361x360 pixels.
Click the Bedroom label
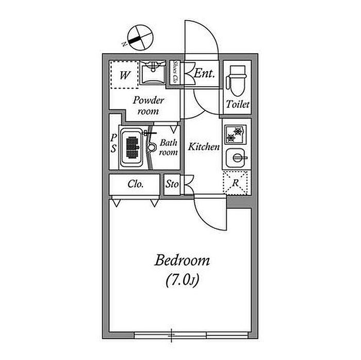tap(182, 260)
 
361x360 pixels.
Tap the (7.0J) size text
tap(182, 280)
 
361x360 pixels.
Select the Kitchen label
tap(204, 146)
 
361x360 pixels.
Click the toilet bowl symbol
tap(237, 80)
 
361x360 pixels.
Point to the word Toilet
tap(238, 105)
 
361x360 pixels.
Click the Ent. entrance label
tap(204, 74)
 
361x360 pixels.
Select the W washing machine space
tap(124, 75)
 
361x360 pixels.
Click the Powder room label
tap(149, 106)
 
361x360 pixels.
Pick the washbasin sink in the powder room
tap(153, 73)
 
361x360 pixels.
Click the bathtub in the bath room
tap(132, 148)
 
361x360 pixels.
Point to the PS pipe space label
tap(113, 143)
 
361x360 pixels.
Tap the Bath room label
tap(168, 148)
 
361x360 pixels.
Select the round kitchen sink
tap(236, 158)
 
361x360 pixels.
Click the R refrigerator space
tap(235, 183)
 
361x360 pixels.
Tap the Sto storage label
tap(172, 184)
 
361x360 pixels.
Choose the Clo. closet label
tap(136, 184)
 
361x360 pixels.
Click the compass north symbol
tap(140, 37)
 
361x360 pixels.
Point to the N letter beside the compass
tap(125, 44)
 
